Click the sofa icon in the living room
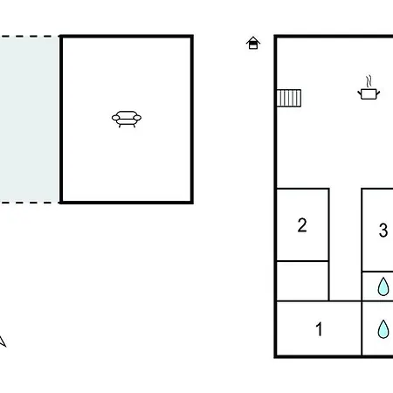point(127,119)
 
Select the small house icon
point(253,43)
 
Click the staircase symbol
point(289,98)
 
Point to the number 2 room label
point(302,225)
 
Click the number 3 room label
point(383,231)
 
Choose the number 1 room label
point(320,329)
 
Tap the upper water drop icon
point(383,286)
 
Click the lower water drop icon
point(383,329)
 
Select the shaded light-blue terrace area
point(29,120)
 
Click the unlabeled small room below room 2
point(302,281)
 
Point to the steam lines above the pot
point(369,81)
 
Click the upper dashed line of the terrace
point(30,37)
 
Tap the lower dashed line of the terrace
point(30,203)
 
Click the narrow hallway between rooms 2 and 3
point(345,245)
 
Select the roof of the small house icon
point(253,40)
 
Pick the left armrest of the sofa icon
point(115,118)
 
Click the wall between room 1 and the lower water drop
point(362,328)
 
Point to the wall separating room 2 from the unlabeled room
point(302,261)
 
